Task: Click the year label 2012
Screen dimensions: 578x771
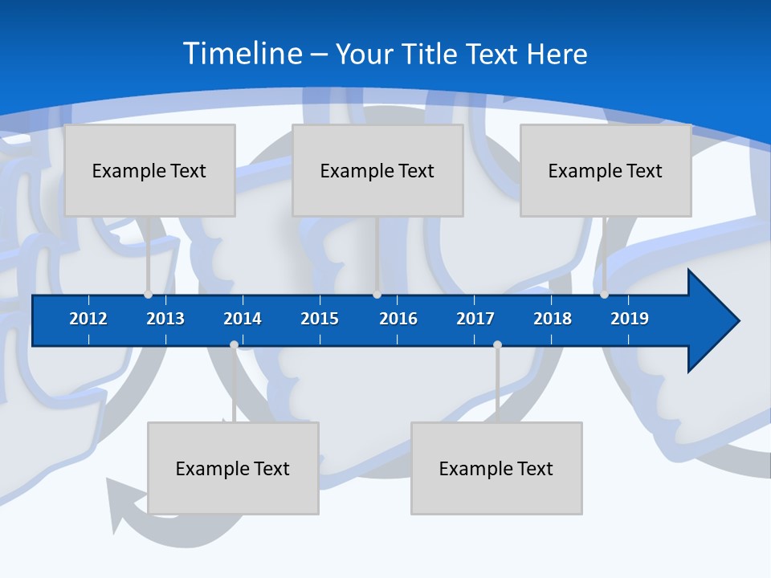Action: pos(88,319)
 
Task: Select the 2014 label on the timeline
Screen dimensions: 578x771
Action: pos(243,319)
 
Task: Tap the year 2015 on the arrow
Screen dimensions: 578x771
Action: pos(320,319)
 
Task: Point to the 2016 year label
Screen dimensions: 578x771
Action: pos(398,319)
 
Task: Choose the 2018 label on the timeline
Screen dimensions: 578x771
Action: pos(553,319)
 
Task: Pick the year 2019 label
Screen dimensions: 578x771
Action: pos(630,319)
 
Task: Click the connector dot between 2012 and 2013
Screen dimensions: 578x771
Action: pos(148,295)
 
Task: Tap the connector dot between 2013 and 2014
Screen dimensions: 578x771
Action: pos(234,345)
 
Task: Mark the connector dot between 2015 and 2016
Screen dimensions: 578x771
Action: pos(377,295)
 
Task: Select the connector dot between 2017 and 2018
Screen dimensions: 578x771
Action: pos(497,345)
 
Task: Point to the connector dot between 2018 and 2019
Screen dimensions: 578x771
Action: pos(604,295)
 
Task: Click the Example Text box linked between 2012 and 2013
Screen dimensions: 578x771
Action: pos(149,170)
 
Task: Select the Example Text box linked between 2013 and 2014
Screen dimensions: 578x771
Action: pos(233,468)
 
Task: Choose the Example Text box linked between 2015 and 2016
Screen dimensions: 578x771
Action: pos(377,170)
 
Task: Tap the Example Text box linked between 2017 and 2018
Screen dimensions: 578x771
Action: pos(496,468)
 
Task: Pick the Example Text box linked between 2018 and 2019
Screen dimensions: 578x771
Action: pos(606,170)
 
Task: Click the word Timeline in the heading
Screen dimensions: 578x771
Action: pos(243,54)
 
